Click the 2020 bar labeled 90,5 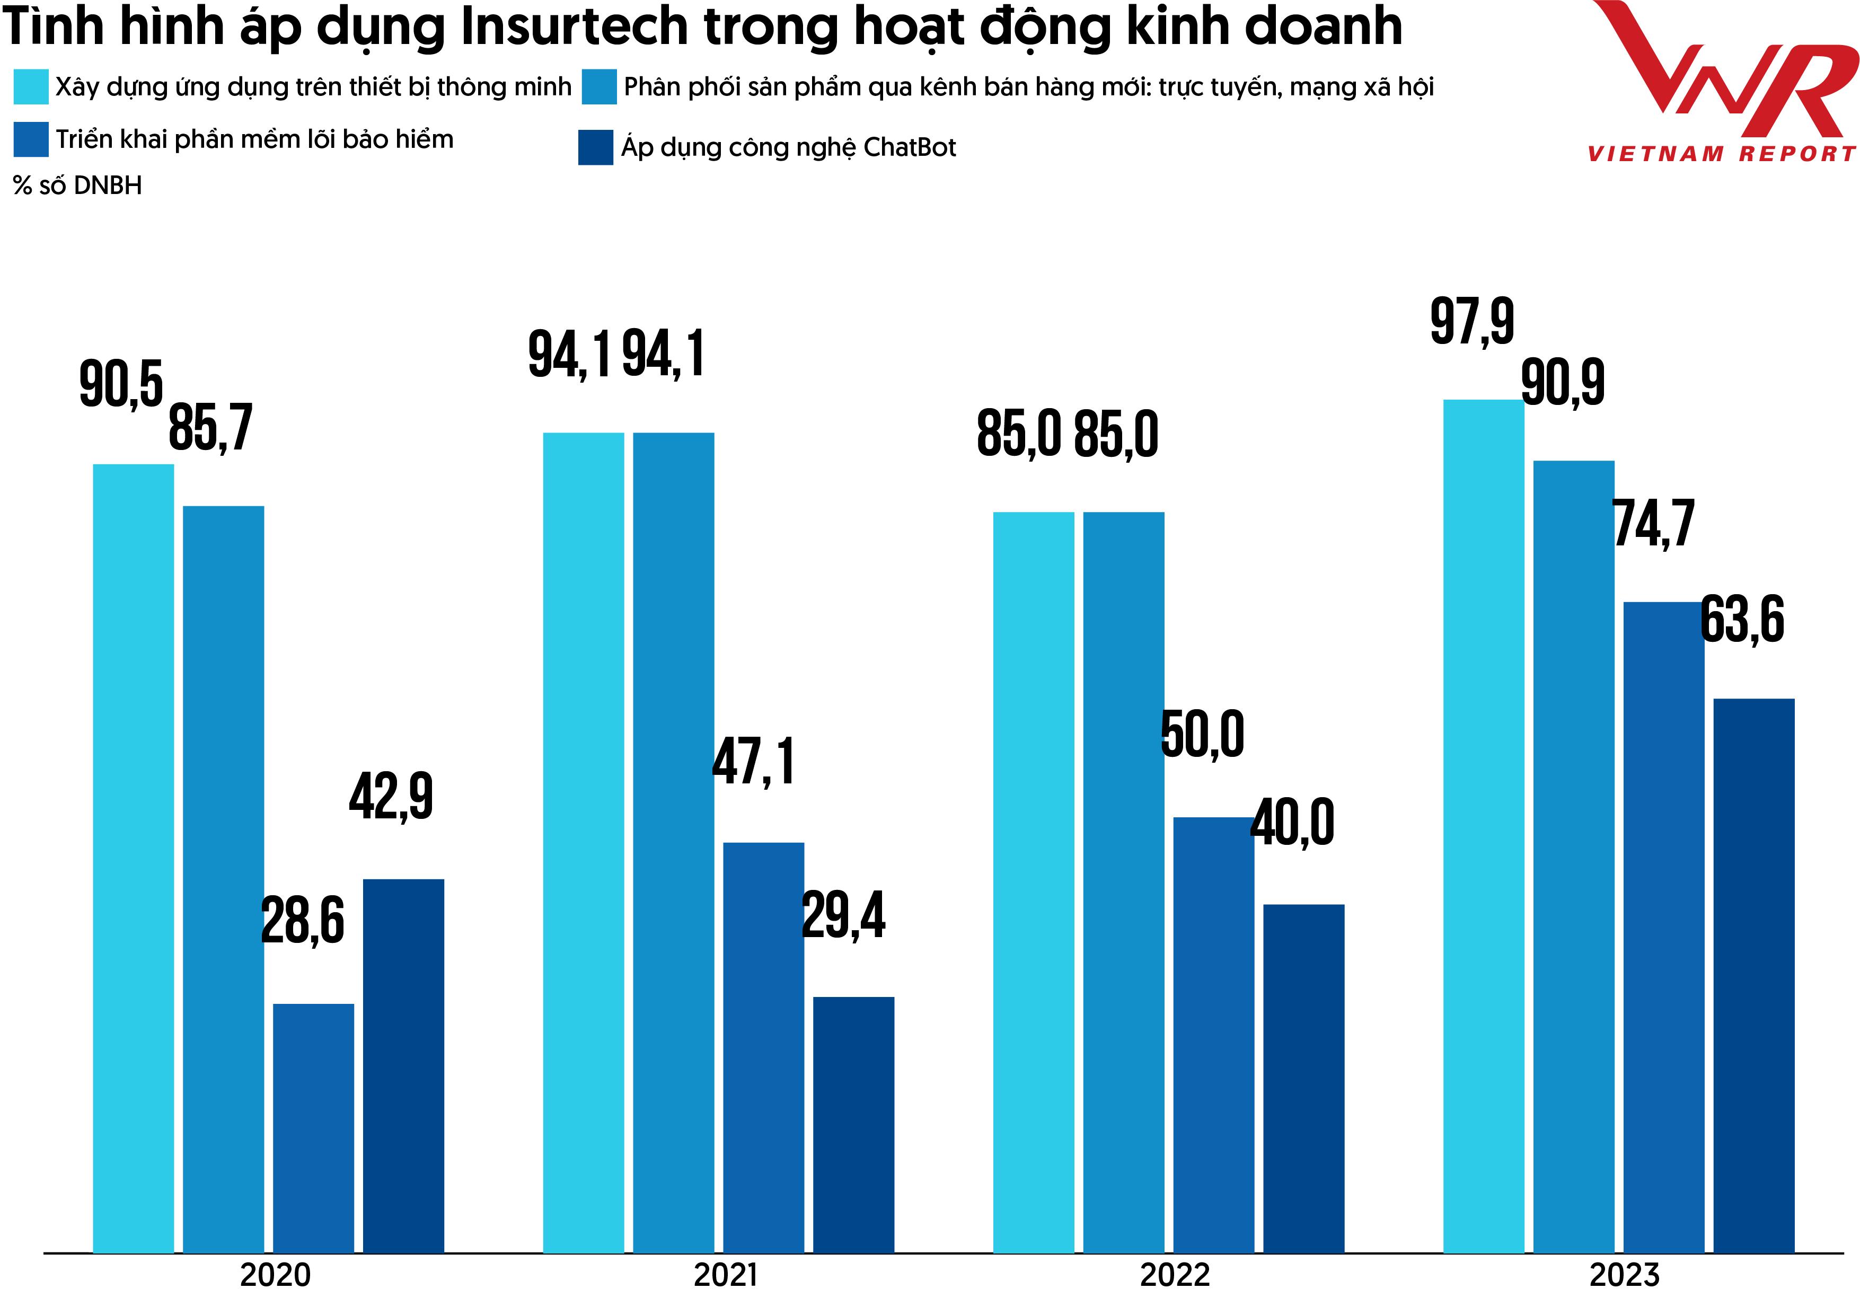[x=133, y=859]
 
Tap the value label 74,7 [x=1653, y=524]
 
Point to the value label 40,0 [x=1292, y=823]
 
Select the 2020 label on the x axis [x=276, y=1275]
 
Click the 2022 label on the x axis [x=1175, y=1275]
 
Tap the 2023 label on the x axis [x=1624, y=1275]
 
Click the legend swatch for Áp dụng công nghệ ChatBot [x=595, y=147]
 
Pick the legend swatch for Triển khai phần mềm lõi [x=31, y=139]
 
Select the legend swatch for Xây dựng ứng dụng [x=31, y=87]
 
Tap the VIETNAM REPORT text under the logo [x=1722, y=154]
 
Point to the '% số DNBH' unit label [x=78, y=186]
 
